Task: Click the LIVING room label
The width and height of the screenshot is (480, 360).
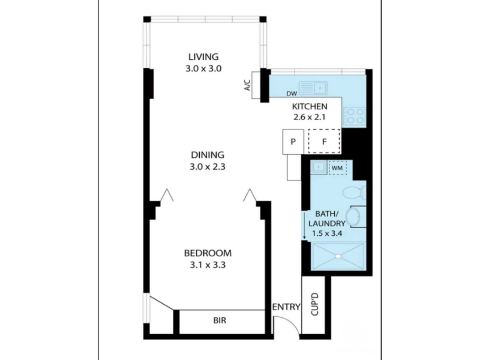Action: point(203,57)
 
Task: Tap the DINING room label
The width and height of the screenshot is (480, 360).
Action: point(208,155)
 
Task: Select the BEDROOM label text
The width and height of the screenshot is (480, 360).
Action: point(208,253)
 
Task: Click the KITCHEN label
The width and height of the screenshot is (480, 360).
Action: point(310,107)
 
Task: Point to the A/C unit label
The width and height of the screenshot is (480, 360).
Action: point(247,85)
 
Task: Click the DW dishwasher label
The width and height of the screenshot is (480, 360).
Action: point(292,94)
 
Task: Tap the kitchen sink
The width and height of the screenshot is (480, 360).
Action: point(313,88)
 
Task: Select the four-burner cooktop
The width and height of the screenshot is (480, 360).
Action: point(354,116)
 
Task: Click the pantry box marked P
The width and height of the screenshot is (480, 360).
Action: point(293,142)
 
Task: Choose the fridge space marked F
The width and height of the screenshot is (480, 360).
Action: point(324,141)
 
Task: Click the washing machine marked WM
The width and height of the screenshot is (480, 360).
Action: point(337,168)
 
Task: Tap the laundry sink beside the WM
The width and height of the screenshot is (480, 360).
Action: point(319,167)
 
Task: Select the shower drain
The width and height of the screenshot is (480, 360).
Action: point(338,256)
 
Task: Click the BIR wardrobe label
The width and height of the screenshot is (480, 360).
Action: point(220,320)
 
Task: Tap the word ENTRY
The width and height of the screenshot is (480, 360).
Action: point(287,307)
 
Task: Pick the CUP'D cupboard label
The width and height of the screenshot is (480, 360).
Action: point(314,304)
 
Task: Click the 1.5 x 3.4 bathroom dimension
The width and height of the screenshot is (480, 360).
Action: point(326,233)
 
